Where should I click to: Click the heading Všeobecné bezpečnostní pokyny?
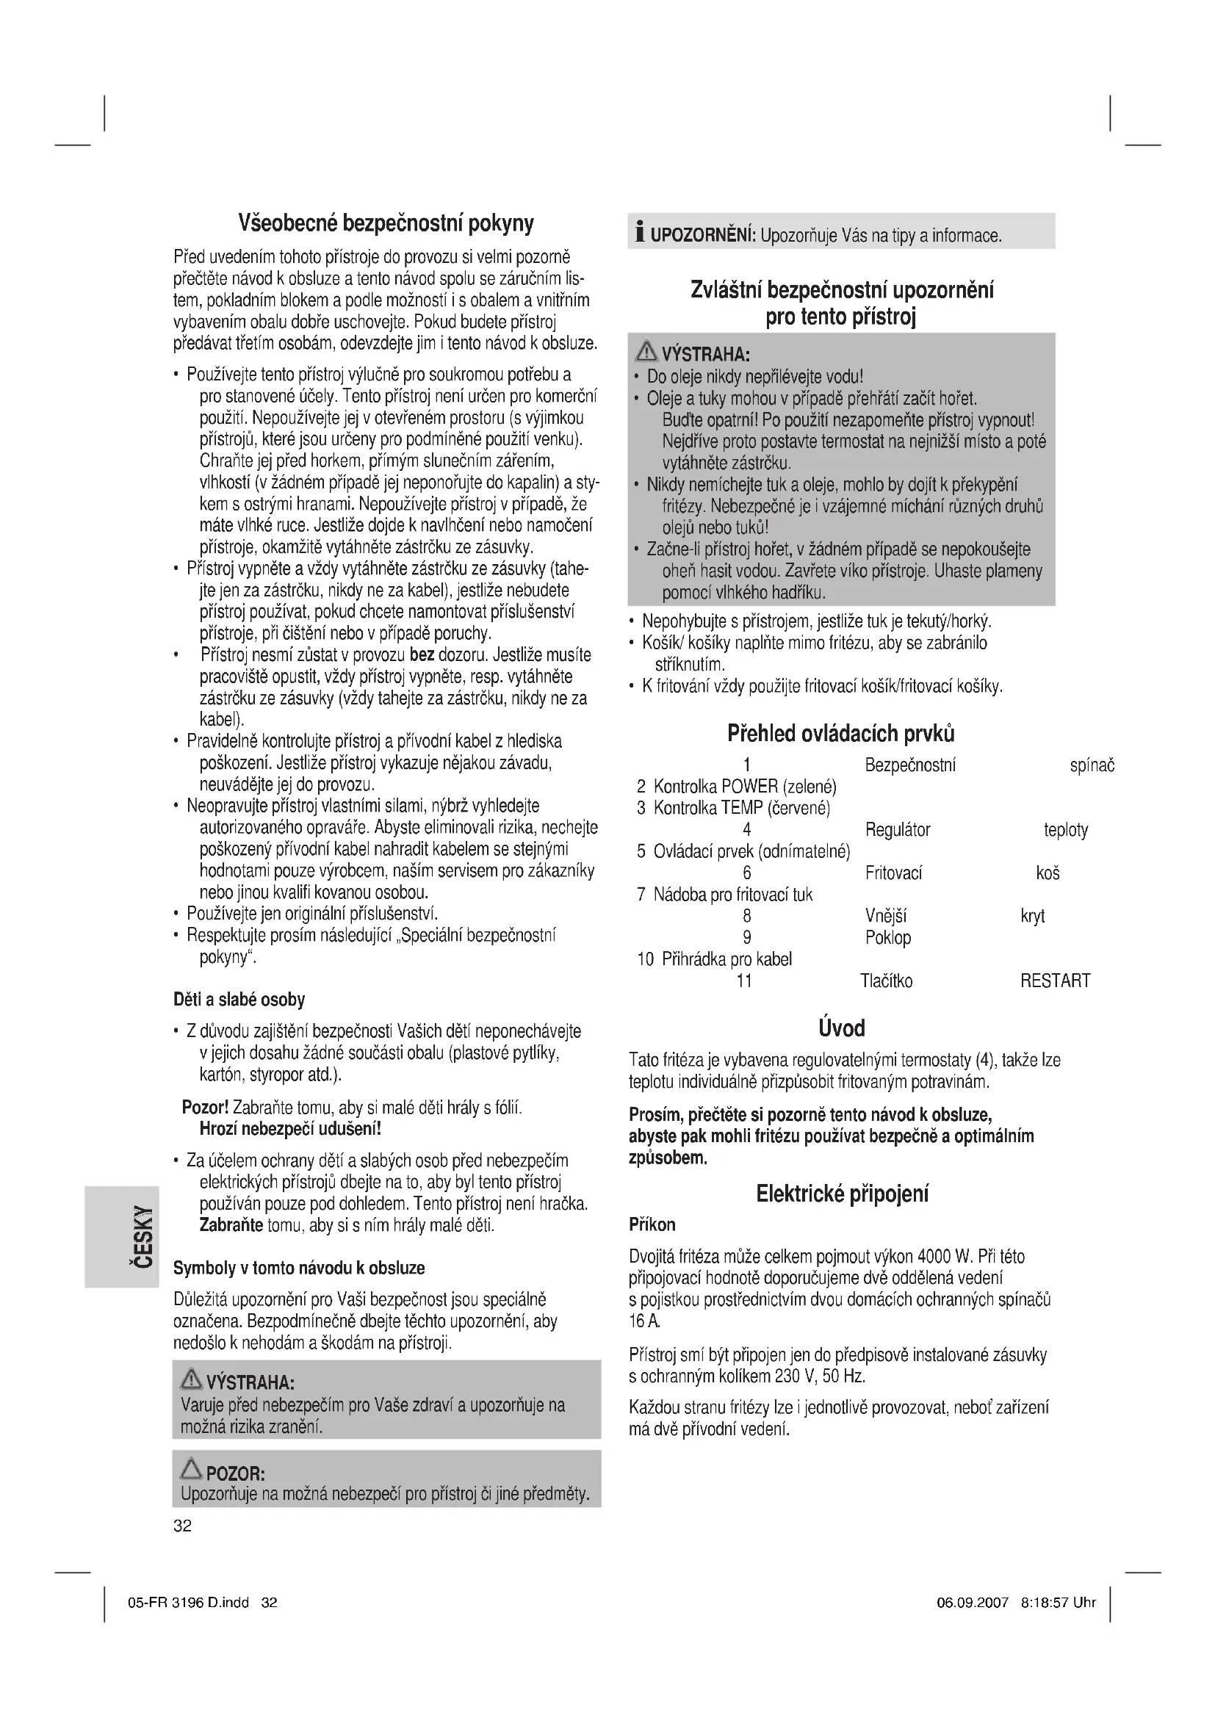[386, 223]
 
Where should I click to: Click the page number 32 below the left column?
[183, 1526]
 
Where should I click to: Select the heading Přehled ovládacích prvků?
[841, 734]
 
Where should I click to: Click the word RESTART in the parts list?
[1055, 981]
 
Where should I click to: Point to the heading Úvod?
[842, 1028]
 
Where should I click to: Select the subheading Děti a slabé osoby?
[239, 1000]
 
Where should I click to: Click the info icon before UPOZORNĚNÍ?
[639, 234]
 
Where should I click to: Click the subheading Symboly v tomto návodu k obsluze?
[299, 1268]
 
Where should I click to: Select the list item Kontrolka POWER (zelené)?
[744, 787]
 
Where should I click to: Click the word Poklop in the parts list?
[888, 937]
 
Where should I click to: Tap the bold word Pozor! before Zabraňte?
[205, 1108]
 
